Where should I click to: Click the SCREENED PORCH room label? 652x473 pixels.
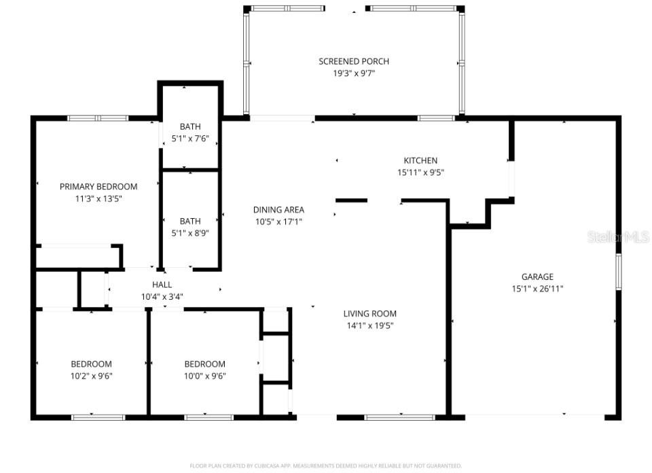click(354, 61)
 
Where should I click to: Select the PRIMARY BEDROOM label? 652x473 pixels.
click(98, 186)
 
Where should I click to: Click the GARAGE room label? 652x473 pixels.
click(537, 277)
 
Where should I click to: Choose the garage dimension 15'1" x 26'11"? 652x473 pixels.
click(537, 288)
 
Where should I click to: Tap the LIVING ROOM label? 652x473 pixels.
click(369, 313)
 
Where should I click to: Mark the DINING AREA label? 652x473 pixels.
click(278, 209)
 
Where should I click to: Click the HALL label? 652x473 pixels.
click(162, 285)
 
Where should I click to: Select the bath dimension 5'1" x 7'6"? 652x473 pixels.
click(190, 139)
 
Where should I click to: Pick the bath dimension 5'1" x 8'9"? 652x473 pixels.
click(190, 232)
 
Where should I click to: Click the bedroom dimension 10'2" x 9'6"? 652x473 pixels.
click(92, 376)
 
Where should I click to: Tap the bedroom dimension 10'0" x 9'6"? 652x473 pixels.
click(204, 376)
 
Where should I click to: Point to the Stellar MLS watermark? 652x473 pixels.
click(617, 236)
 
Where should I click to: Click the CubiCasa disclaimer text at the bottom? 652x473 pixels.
click(325, 466)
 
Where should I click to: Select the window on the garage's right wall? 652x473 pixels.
click(618, 272)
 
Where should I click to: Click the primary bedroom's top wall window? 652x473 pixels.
click(98, 118)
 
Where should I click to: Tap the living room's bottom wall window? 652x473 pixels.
click(399, 417)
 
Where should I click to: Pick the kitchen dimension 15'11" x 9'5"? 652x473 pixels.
click(421, 173)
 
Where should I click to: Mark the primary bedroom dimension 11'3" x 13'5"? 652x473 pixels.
click(98, 198)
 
